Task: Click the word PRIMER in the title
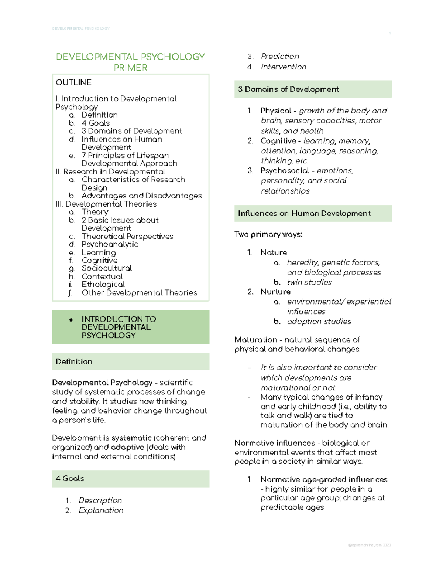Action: [130, 68]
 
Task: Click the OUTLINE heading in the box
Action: [73, 82]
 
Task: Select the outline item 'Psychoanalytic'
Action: [110, 244]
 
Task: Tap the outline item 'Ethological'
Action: [103, 285]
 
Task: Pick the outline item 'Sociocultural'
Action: [107, 268]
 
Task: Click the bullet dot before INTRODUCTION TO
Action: [71, 320]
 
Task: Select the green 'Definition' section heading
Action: [74, 361]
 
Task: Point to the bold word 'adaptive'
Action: [127, 447]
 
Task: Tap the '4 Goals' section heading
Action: [70, 479]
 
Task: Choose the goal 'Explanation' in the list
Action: [101, 510]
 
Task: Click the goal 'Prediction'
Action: [280, 57]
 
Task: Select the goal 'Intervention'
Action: [284, 67]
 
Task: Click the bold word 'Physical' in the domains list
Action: [276, 111]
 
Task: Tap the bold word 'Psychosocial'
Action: [285, 171]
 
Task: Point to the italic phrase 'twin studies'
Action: [309, 282]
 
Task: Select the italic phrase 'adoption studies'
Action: [319, 322]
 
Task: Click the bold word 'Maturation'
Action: [255, 340]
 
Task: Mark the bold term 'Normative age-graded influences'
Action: [324, 480]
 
